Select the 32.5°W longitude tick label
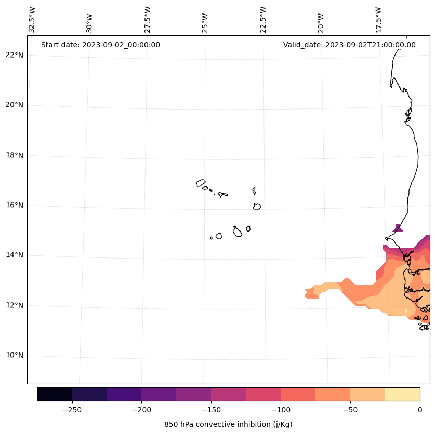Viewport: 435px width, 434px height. [32, 20]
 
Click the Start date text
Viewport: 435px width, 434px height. [100, 45]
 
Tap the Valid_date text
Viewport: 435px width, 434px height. [349, 45]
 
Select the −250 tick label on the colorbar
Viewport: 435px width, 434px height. [72, 410]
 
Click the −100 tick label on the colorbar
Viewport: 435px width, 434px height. [281, 410]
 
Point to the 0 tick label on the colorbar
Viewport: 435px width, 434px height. [419, 410]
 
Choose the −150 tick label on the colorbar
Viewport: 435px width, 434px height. [211, 410]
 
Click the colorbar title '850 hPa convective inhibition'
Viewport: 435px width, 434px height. [228, 424]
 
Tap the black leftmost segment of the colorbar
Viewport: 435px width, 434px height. [55, 394]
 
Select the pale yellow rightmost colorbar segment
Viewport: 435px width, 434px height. [402, 394]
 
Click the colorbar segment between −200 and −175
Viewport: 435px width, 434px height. [159, 394]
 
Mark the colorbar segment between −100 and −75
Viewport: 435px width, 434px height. [298, 394]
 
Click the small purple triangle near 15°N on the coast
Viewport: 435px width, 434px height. [398, 228]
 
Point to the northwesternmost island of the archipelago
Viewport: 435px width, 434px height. [201, 183]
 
